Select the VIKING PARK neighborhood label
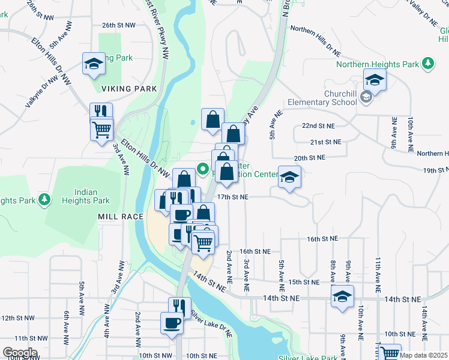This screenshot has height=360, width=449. click(x=129, y=89)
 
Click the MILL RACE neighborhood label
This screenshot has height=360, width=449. click(x=122, y=217)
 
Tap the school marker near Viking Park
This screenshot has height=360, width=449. click(x=94, y=64)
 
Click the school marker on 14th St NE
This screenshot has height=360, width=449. click(x=342, y=296)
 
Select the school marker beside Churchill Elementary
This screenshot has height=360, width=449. click(x=375, y=80)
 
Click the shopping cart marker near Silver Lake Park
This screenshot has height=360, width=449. click(x=390, y=353)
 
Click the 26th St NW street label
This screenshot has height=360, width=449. click(x=118, y=25)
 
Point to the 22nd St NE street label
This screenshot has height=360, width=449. click(x=318, y=126)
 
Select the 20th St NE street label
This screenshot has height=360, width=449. click(x=309, y=157)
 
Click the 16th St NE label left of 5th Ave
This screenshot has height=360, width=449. click(x=255, y=251)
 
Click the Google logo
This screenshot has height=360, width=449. click(x=20, y=353)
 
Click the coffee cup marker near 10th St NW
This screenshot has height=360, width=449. click(x=172, y=323)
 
